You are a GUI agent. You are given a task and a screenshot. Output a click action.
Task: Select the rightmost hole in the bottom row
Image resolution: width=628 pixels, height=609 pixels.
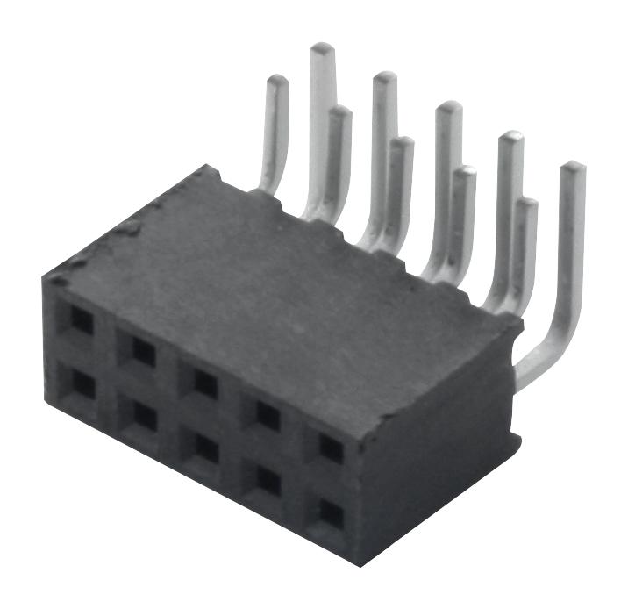pos(331,513)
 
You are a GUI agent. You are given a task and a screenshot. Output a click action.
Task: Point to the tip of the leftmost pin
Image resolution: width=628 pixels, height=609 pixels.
pos(277,80)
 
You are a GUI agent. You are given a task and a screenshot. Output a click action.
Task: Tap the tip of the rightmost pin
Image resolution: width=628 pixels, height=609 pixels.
pos(572,167)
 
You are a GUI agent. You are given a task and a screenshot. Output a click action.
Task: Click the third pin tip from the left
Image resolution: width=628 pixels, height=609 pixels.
pos(339,111)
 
